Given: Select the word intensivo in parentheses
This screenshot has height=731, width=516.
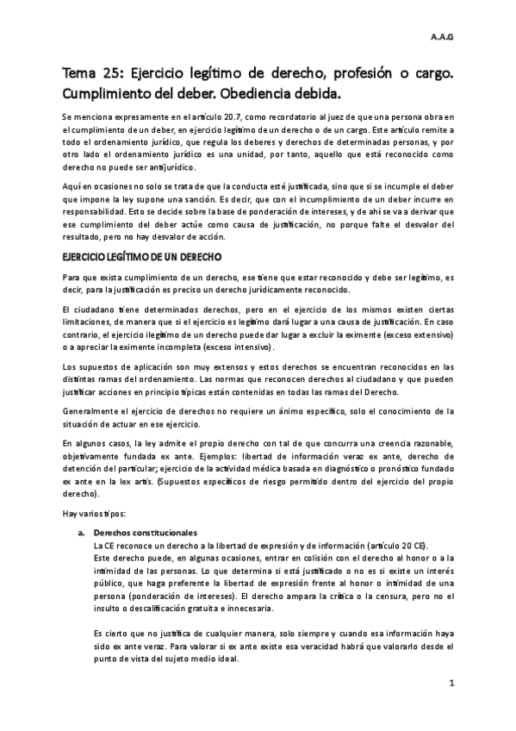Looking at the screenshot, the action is tap(252, 347).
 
